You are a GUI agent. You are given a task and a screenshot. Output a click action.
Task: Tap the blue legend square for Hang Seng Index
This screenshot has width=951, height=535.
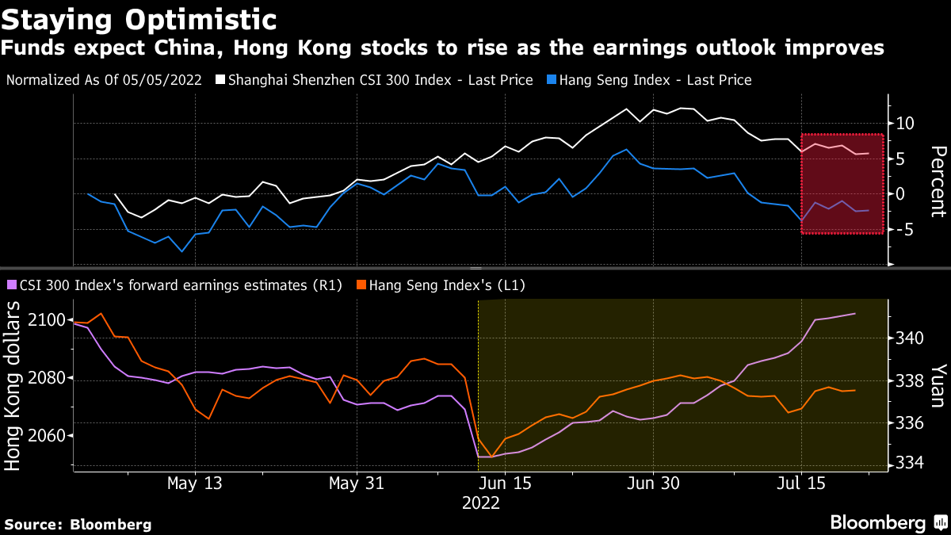(x=551, y=80)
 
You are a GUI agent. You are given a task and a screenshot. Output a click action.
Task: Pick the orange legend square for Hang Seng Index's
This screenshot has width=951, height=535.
(x=361, y=285)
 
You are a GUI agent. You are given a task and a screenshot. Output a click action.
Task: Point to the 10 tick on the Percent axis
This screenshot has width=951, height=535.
(x=906, y=124)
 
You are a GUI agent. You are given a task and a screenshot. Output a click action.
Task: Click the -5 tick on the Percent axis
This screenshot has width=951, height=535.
(x=906, y=230)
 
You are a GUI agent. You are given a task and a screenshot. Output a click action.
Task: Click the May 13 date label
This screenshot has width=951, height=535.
(x=195, y=483)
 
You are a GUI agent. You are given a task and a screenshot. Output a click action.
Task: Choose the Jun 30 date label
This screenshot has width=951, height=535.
(x=651, y=483)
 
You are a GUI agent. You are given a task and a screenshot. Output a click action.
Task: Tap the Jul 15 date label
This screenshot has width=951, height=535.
(x=800, y=483)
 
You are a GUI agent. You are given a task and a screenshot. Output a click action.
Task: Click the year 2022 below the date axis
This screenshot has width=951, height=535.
(x=480, y=503)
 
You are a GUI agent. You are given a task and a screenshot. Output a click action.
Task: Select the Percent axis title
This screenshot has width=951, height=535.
(x=938, y=181)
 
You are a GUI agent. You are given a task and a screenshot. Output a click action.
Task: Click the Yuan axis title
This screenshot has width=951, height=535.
(x=938, y=385)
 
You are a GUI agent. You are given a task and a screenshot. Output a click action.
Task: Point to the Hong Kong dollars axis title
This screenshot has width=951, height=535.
(x=13, y=387)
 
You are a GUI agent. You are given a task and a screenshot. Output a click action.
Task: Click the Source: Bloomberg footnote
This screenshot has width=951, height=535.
(x=78, y=524)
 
